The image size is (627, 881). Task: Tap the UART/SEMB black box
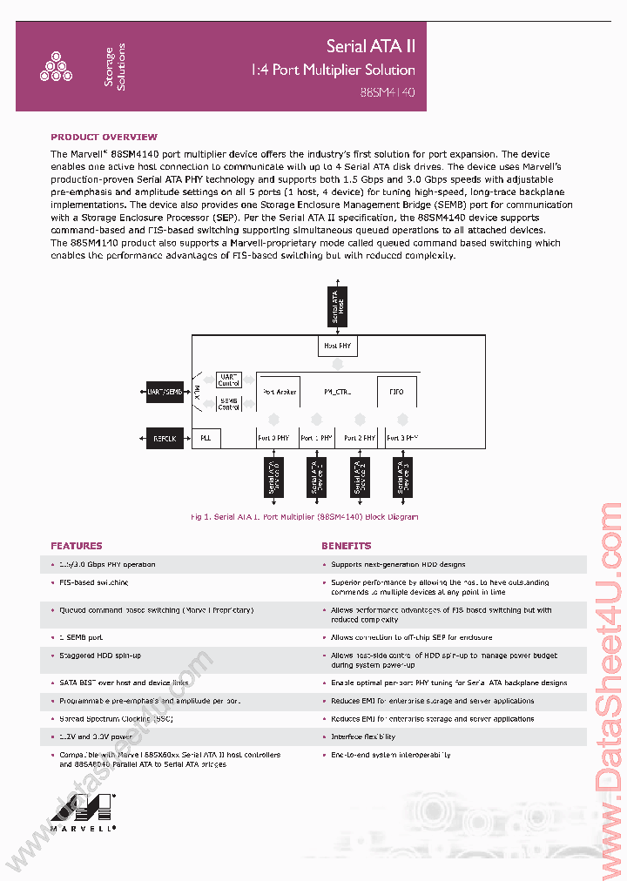162,392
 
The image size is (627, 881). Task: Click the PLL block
206,439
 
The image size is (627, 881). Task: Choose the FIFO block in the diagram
396,392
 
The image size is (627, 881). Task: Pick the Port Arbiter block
280,392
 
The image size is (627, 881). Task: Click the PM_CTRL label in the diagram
337,392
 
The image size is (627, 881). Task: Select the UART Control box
229,380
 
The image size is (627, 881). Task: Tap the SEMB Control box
229,403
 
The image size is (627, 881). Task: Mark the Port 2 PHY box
359,439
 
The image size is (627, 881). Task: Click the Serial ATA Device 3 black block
401,478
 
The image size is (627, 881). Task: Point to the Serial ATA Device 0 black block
273,478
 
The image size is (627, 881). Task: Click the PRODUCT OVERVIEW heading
104,137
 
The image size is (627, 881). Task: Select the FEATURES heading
77,546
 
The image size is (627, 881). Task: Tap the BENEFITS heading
346,546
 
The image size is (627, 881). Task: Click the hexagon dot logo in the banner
56,67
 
